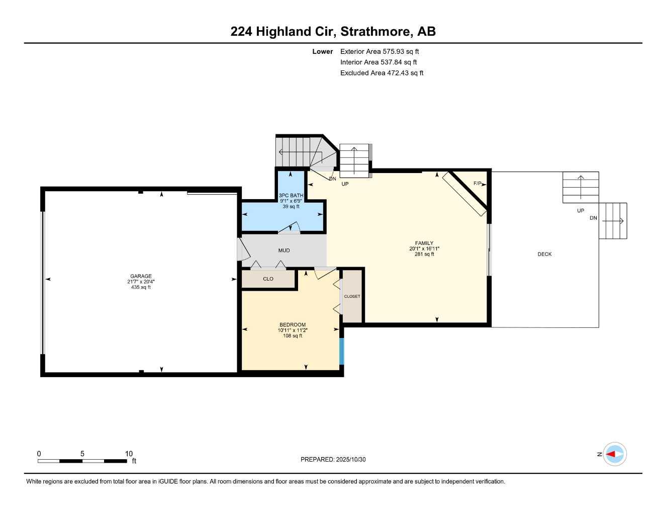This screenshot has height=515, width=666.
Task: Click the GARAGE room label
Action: [141, 276]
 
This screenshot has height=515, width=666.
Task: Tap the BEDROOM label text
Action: [293, 325]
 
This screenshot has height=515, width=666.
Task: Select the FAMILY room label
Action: [424, 243]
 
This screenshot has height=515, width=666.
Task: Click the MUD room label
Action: [284, 250]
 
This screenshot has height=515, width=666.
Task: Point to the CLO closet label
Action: [268, 279]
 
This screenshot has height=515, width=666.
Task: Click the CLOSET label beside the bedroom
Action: [352, 297]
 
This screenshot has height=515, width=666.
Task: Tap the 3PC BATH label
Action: [291, 196]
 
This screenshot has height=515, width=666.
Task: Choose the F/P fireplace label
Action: [478, 184]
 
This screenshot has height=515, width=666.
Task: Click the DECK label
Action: [544, 254]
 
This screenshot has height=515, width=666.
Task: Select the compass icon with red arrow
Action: [614, 454]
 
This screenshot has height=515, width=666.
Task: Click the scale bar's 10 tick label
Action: [129, 454]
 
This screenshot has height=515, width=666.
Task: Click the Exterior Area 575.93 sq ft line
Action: [379, 51]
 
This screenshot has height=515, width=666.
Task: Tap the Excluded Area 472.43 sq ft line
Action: [382, 73]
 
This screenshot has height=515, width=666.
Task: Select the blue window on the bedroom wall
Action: [342, 351]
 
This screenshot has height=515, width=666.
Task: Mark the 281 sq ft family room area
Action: [424, 254]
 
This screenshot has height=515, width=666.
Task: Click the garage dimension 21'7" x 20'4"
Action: [141, 282]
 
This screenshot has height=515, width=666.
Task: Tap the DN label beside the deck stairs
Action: [593, 218]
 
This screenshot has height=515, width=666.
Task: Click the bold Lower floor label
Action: [322, 51]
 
